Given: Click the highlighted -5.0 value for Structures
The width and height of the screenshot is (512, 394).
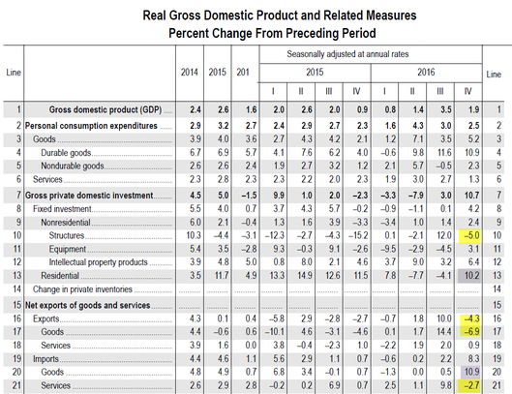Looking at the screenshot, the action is [x=469, y=235].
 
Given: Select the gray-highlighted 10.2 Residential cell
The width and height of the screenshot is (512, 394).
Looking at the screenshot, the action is [x=469, y=276].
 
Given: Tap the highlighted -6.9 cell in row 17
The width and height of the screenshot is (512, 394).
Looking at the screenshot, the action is [x=469, y=332].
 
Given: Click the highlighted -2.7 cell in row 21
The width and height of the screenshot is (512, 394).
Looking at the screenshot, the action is [x=469, y=385].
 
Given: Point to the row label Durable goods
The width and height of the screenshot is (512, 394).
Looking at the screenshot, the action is [x=66, y=153].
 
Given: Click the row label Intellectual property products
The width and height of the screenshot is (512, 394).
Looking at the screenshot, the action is [x=99, y=262].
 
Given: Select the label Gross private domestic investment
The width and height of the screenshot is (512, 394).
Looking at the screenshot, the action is [x=89, y=196].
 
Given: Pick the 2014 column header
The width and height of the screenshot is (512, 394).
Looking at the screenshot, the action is [x=190, y=73].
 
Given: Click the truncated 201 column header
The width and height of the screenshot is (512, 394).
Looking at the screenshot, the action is [x=243, y=73].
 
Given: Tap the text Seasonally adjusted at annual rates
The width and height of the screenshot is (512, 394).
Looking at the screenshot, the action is [x=347, y=54].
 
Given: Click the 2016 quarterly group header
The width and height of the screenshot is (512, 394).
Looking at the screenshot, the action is [x=426, y=73].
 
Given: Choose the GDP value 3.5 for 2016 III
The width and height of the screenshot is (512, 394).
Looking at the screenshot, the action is [x=446, y=109].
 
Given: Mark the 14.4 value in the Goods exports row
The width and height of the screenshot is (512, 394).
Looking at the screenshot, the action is [x=444, y=332].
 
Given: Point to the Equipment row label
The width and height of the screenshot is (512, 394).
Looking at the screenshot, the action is [x=68, y=249].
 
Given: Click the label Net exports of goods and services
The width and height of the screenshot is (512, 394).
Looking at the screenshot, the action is [x=88, y=305].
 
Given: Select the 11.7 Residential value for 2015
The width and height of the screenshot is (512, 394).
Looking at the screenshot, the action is [x=222, y=276].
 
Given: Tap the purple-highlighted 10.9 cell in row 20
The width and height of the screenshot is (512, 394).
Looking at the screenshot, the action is [x=470, y=372].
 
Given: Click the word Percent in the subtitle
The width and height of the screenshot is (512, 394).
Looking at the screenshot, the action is [x=189, y=33].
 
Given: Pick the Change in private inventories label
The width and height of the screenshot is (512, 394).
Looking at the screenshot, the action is [x=82, y=289].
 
